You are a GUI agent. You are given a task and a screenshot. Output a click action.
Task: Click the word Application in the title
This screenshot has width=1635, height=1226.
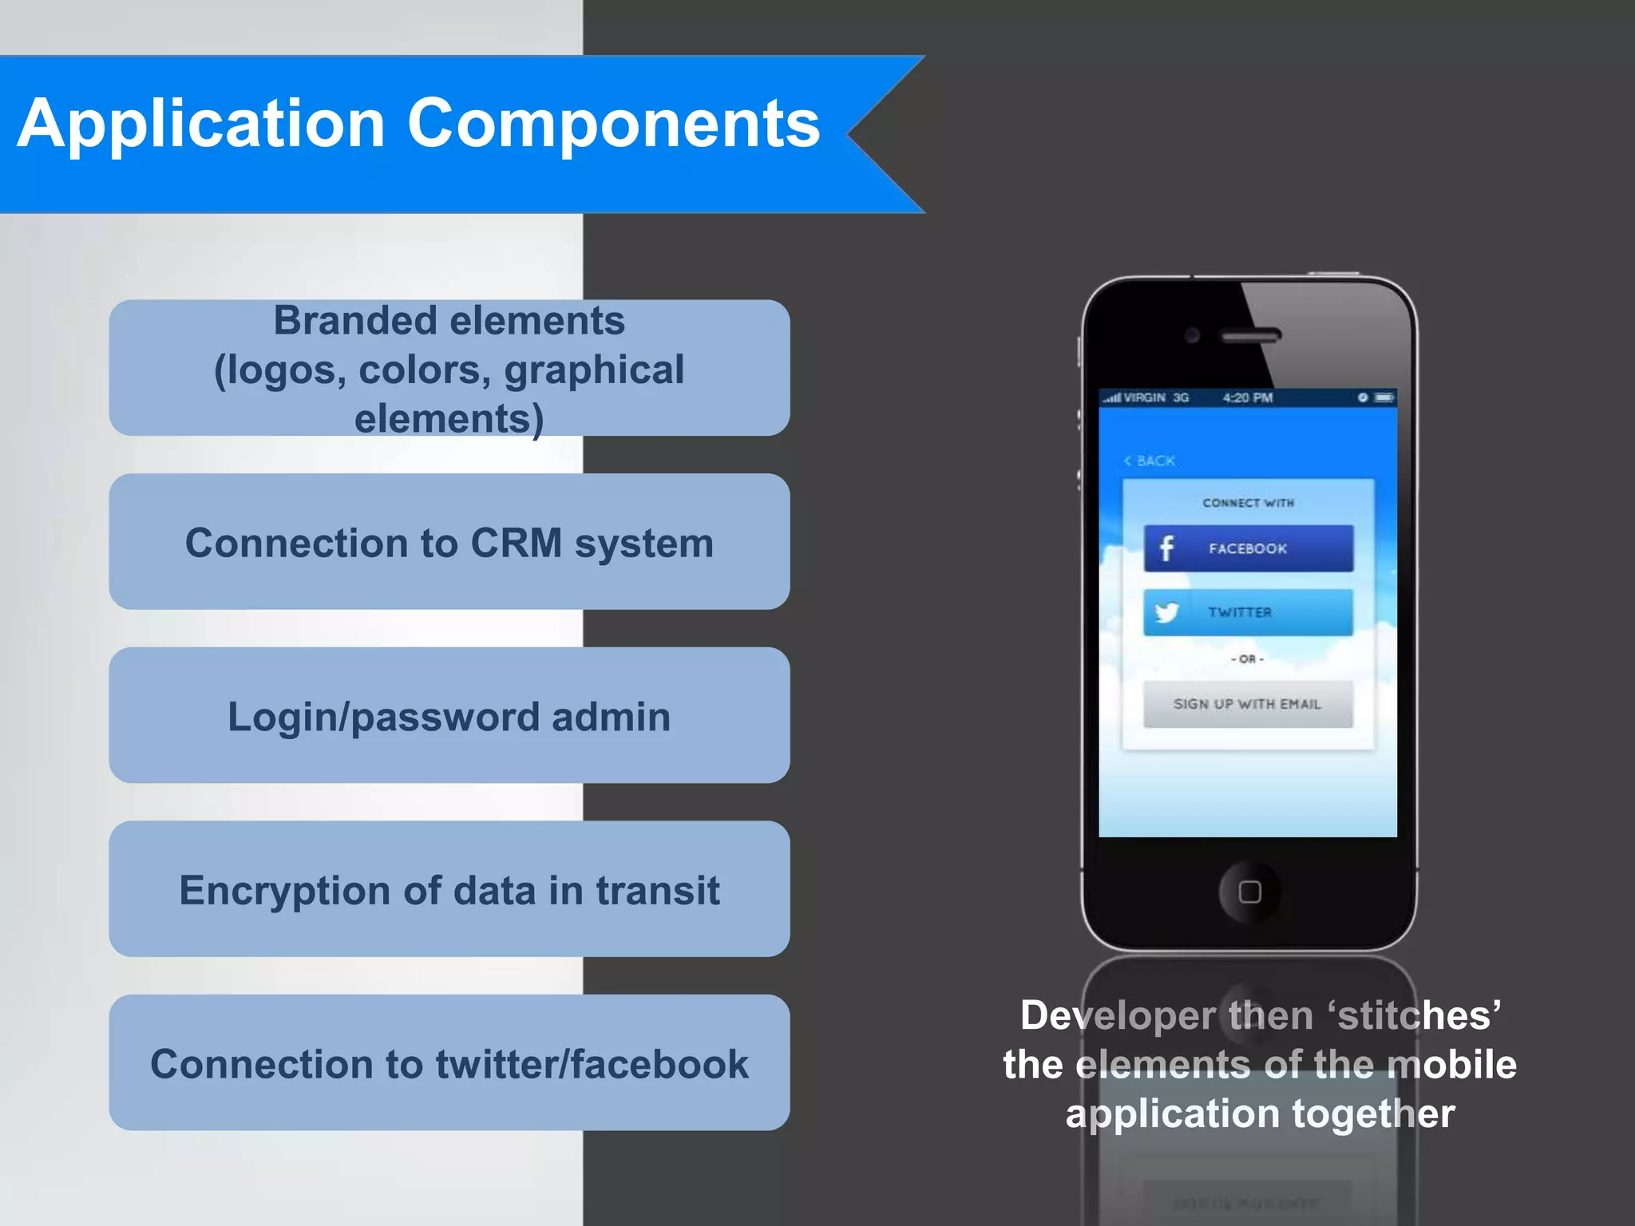click(x=201, y=125)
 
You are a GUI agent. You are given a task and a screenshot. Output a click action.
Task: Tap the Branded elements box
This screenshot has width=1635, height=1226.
click(x=449, y=368)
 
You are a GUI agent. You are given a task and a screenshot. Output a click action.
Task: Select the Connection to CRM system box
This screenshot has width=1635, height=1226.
click(x=449, y=542)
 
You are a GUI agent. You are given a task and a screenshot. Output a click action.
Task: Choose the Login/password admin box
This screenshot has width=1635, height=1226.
click(x=449, y=716)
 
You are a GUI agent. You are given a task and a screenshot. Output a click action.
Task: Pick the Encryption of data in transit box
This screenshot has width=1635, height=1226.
click(x=449, y=889)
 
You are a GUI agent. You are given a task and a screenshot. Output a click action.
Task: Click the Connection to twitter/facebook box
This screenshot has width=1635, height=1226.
click(x=449, y=1063)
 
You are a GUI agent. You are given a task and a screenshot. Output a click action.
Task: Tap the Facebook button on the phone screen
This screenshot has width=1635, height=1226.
click(x=1248, y=548)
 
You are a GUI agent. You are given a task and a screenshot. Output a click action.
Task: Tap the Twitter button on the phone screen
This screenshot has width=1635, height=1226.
click(x=1248, y=612)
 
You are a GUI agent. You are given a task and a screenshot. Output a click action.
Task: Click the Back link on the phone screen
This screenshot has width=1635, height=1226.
click(x=1150, y=461)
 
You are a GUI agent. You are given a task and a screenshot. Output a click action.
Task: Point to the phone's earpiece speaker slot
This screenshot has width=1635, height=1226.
click(x=1251, y=335)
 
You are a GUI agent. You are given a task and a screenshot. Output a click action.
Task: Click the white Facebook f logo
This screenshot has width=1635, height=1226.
click(x=1166, y=548)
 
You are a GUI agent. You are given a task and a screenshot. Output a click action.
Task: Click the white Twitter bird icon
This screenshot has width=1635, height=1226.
click(x=1166, y=612)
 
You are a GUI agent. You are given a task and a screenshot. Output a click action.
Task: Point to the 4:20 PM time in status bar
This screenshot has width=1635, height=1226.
click(x=1248, y=397)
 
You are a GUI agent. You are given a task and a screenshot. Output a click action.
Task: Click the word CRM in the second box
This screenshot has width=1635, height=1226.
click(x=516, y=544)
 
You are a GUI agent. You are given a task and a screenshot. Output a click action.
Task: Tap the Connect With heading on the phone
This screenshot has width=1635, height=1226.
click(x=1248, y=503)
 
